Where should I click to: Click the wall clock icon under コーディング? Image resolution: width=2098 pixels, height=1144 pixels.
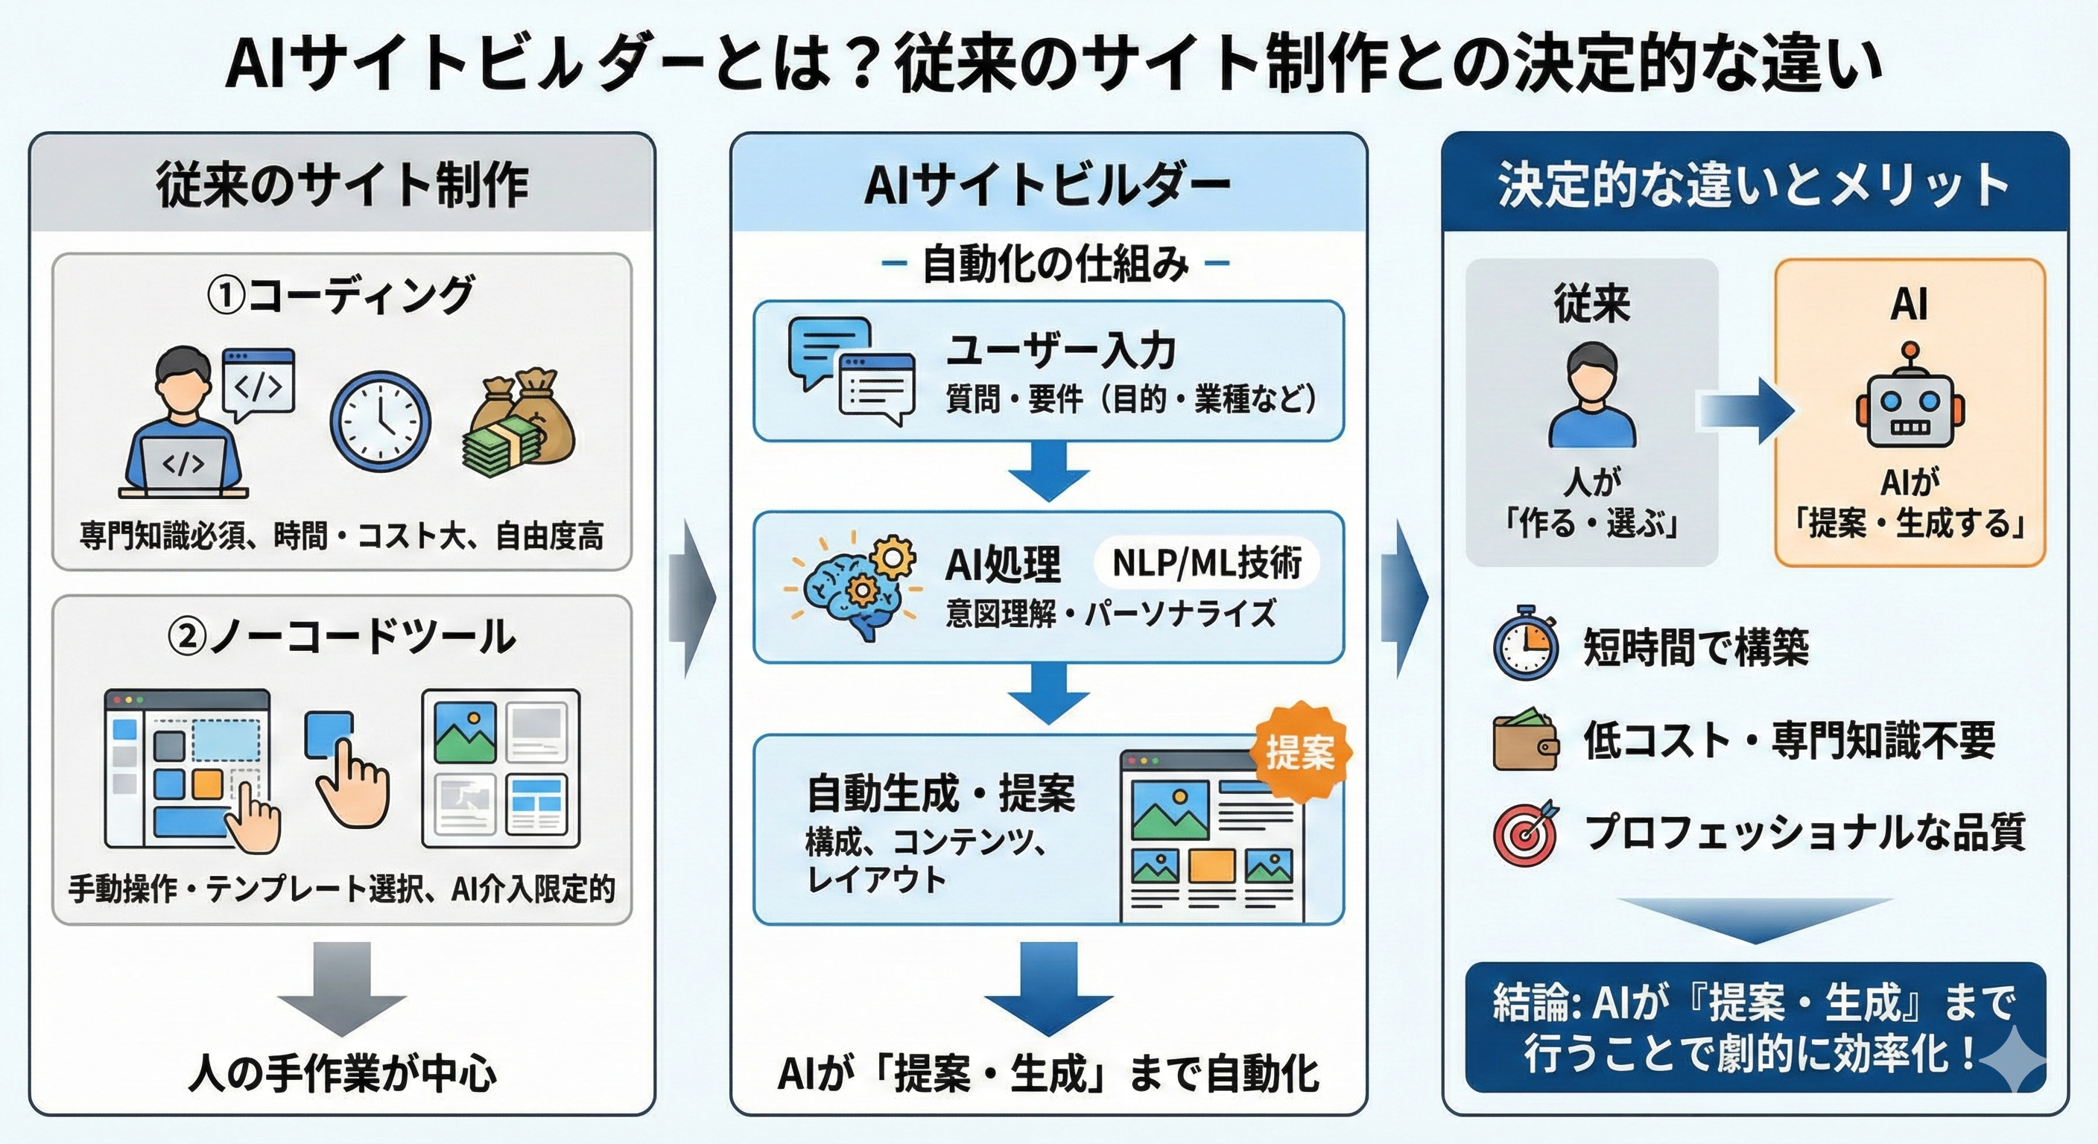pyautogui.click(x=381, y=422)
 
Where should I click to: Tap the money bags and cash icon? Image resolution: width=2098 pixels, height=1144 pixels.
pyautogui.click(x=519, y=423)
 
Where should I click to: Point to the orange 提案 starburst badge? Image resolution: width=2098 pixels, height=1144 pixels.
pyautogui.click(x=1300, y=752)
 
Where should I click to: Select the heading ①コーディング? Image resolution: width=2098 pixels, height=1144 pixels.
pyautogui.click(x=340, y=295)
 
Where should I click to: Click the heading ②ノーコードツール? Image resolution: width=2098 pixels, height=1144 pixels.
pyautogui.click(x=340, y=637)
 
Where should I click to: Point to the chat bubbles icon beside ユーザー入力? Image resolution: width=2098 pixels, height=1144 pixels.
pyautogui.click(x=850, y=370)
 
